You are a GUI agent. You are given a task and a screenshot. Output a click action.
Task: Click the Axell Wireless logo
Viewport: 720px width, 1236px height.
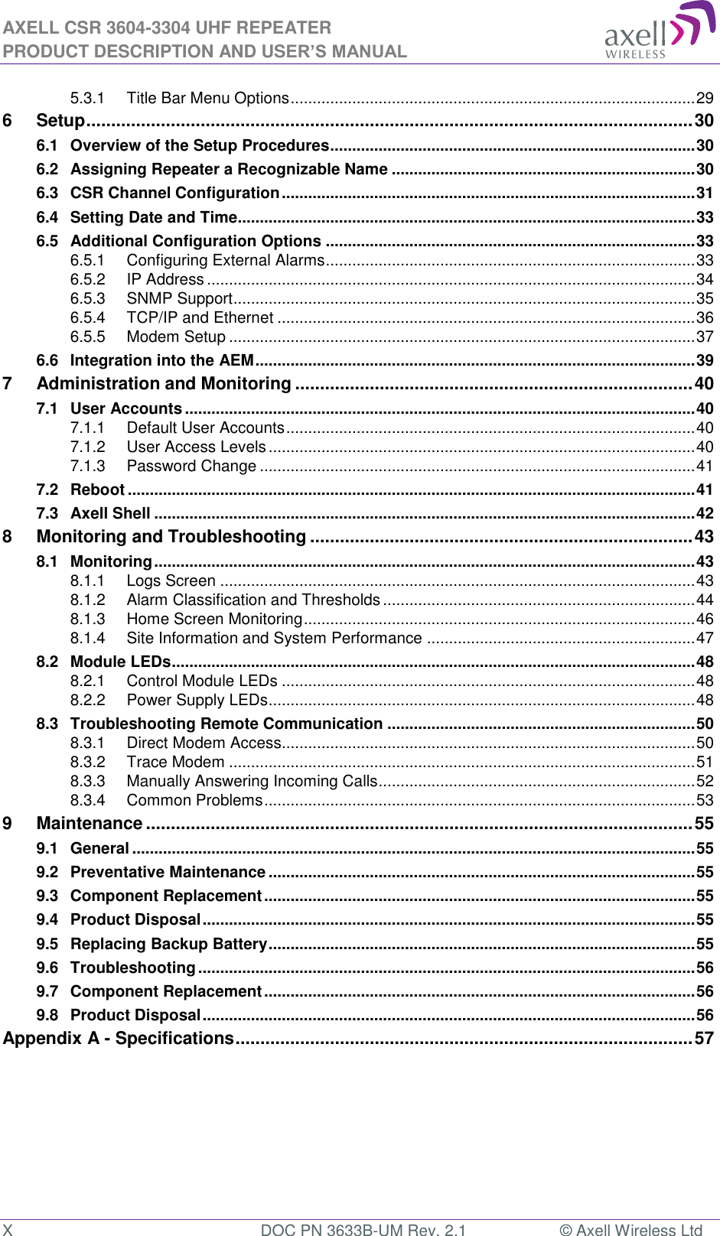(x=659, y=31)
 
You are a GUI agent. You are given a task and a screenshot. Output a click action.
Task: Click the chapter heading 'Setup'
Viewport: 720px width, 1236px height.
(x=60, y=121)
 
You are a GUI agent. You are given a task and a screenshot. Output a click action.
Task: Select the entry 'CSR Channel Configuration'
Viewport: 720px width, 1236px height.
(x=174, y=193)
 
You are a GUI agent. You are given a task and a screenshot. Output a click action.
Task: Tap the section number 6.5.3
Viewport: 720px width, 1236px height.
(x=87, y=298)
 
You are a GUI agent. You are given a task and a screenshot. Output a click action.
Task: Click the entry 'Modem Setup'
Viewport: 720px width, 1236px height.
(x=176, y=337)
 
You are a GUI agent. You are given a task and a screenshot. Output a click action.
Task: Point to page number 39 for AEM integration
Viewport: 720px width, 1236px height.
(x=705, y=360)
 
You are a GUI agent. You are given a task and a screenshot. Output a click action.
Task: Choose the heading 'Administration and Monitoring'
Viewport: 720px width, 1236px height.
(x=164, y=384)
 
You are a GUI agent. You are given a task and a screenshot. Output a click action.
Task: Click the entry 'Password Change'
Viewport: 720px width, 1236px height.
(x=191, y=466)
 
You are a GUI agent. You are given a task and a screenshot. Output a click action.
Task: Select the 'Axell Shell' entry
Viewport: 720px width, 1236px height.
(x=110, y=513)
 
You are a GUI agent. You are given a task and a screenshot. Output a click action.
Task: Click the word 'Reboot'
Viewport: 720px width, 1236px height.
(x=97, y=490)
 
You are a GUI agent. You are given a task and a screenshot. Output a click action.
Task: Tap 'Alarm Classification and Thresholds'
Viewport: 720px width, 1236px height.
(x=253, y=600)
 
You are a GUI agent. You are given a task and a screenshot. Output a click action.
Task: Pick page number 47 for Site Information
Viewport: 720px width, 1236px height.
(x=705, y=638)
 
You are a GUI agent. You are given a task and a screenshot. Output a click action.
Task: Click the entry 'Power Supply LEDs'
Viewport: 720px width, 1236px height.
(x=197, y=700)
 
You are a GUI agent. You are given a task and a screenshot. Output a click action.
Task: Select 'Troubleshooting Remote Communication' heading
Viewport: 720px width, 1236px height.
(x=226, y=724)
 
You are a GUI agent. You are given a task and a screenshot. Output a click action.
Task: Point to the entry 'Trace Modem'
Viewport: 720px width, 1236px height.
(x=175, y=762)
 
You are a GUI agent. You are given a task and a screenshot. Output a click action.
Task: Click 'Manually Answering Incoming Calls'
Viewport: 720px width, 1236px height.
(x=252, y=781)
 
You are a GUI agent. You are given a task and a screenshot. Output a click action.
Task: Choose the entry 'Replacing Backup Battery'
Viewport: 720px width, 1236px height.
(x=168, y=944)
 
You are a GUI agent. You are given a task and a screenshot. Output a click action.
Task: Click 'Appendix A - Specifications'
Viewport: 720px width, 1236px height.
(x=119, y=1038)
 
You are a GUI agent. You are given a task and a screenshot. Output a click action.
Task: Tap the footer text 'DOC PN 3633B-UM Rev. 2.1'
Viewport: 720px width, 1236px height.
(x=363, y=1228)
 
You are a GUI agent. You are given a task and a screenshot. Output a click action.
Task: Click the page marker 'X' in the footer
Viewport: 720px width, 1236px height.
(x=7, y=1228)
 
